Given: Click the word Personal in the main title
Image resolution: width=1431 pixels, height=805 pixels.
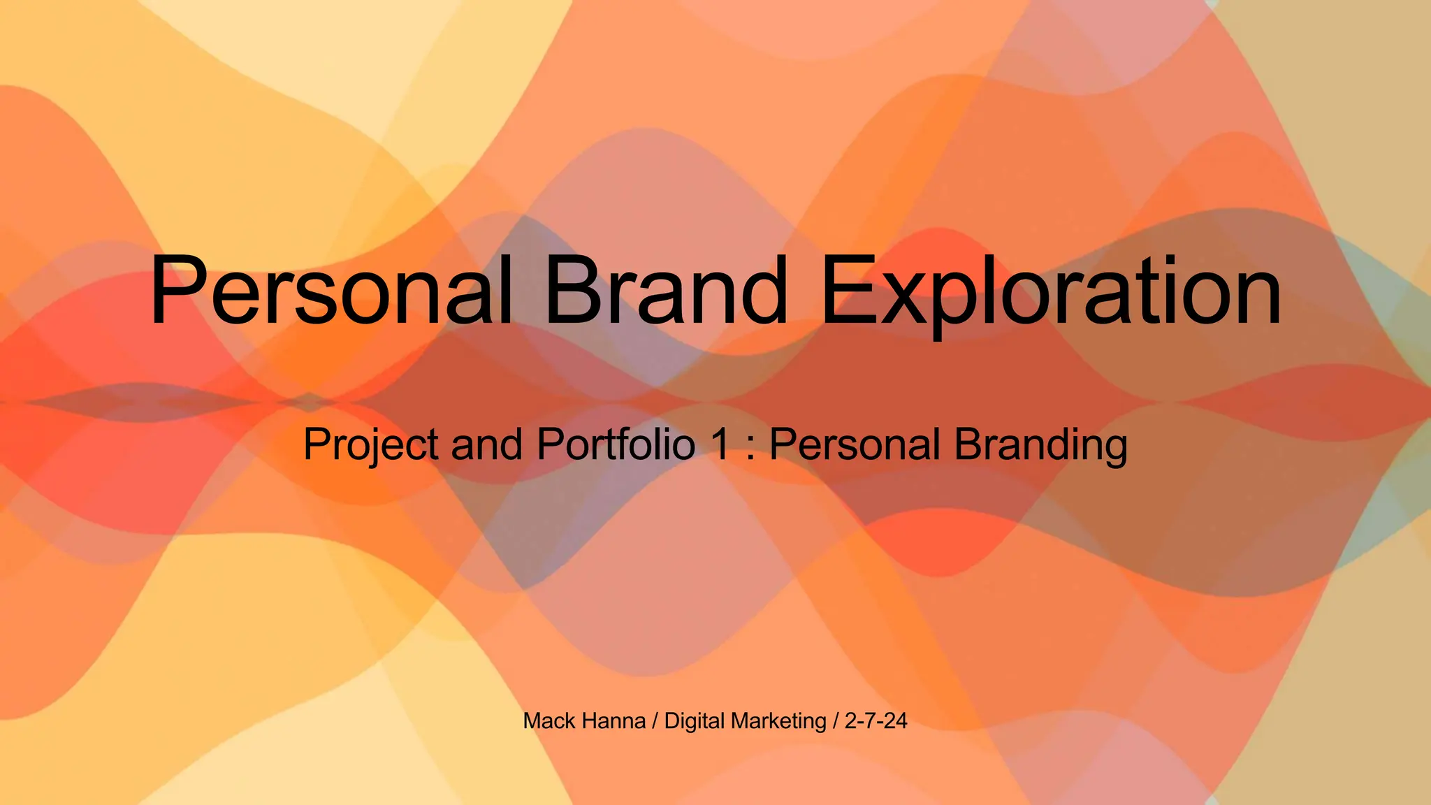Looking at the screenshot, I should click(x=331, y=290).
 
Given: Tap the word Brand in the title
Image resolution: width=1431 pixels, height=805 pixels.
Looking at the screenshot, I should click(x=666, y=290).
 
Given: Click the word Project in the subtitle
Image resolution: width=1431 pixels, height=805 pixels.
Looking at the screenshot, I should click(x=371, y=444).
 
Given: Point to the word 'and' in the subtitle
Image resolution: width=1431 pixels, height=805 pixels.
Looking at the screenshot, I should click(x=486, y=444).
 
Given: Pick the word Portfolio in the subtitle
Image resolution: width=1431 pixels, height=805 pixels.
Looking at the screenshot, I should click(x=616, y=444).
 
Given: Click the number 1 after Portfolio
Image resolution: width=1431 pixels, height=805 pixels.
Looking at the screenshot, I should click(x=720, y=444).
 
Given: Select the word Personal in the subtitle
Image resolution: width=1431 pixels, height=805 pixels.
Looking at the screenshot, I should click(x=855, y=444).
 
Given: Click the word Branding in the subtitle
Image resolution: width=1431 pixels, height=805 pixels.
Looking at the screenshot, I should click(x=1040, y=446).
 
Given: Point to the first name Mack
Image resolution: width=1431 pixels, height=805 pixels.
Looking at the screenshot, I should click(x=549, y=720).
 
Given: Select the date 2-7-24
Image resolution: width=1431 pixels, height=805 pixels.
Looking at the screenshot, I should click(x=876, y=720).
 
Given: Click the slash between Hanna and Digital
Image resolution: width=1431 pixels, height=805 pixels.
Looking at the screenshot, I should click(x=655, y=720).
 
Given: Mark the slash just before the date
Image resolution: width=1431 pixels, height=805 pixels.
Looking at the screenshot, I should click(x=836, y=720).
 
